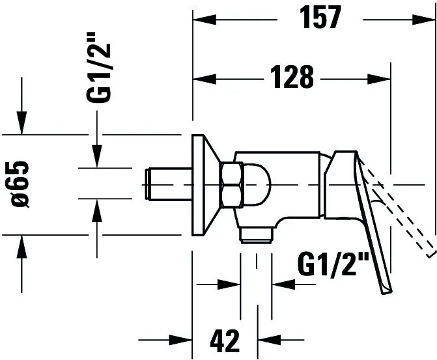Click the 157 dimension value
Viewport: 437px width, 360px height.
(320, 17)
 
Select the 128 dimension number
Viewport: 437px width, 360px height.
(292, 77)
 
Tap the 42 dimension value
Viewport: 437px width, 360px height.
(225, 340)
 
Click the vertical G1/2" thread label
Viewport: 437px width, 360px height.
(98, 67)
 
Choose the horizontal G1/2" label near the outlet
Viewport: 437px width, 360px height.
(333, 264)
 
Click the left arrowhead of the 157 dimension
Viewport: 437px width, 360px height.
(204, 20)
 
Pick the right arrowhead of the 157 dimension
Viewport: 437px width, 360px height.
(423, 20)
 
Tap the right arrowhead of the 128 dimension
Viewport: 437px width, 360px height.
(379, 79)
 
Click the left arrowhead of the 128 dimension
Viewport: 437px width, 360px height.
(204, 79)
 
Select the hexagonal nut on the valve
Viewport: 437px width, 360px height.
(232, 185)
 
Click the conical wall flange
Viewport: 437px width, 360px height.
(206, 185)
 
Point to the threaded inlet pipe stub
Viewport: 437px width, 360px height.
(168, 184)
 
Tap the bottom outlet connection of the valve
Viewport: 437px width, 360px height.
(256, 234)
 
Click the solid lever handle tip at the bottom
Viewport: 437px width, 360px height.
(387, 290)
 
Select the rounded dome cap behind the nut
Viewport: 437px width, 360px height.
(257, 185)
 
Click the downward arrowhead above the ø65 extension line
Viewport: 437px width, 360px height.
(21, 122)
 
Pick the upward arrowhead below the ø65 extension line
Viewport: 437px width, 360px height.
(21, 247)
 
